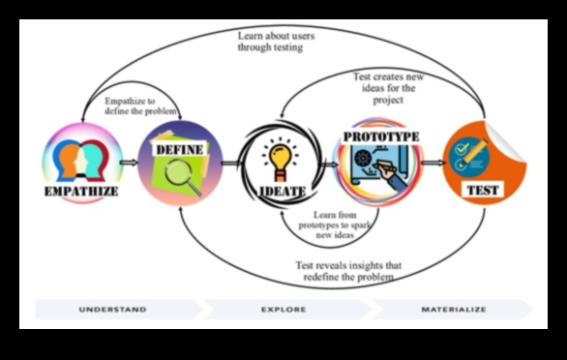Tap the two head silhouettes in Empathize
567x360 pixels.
pyautogui.click(x=79, y=161)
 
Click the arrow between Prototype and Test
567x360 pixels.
pyautogui.click(x=433, y=165)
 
